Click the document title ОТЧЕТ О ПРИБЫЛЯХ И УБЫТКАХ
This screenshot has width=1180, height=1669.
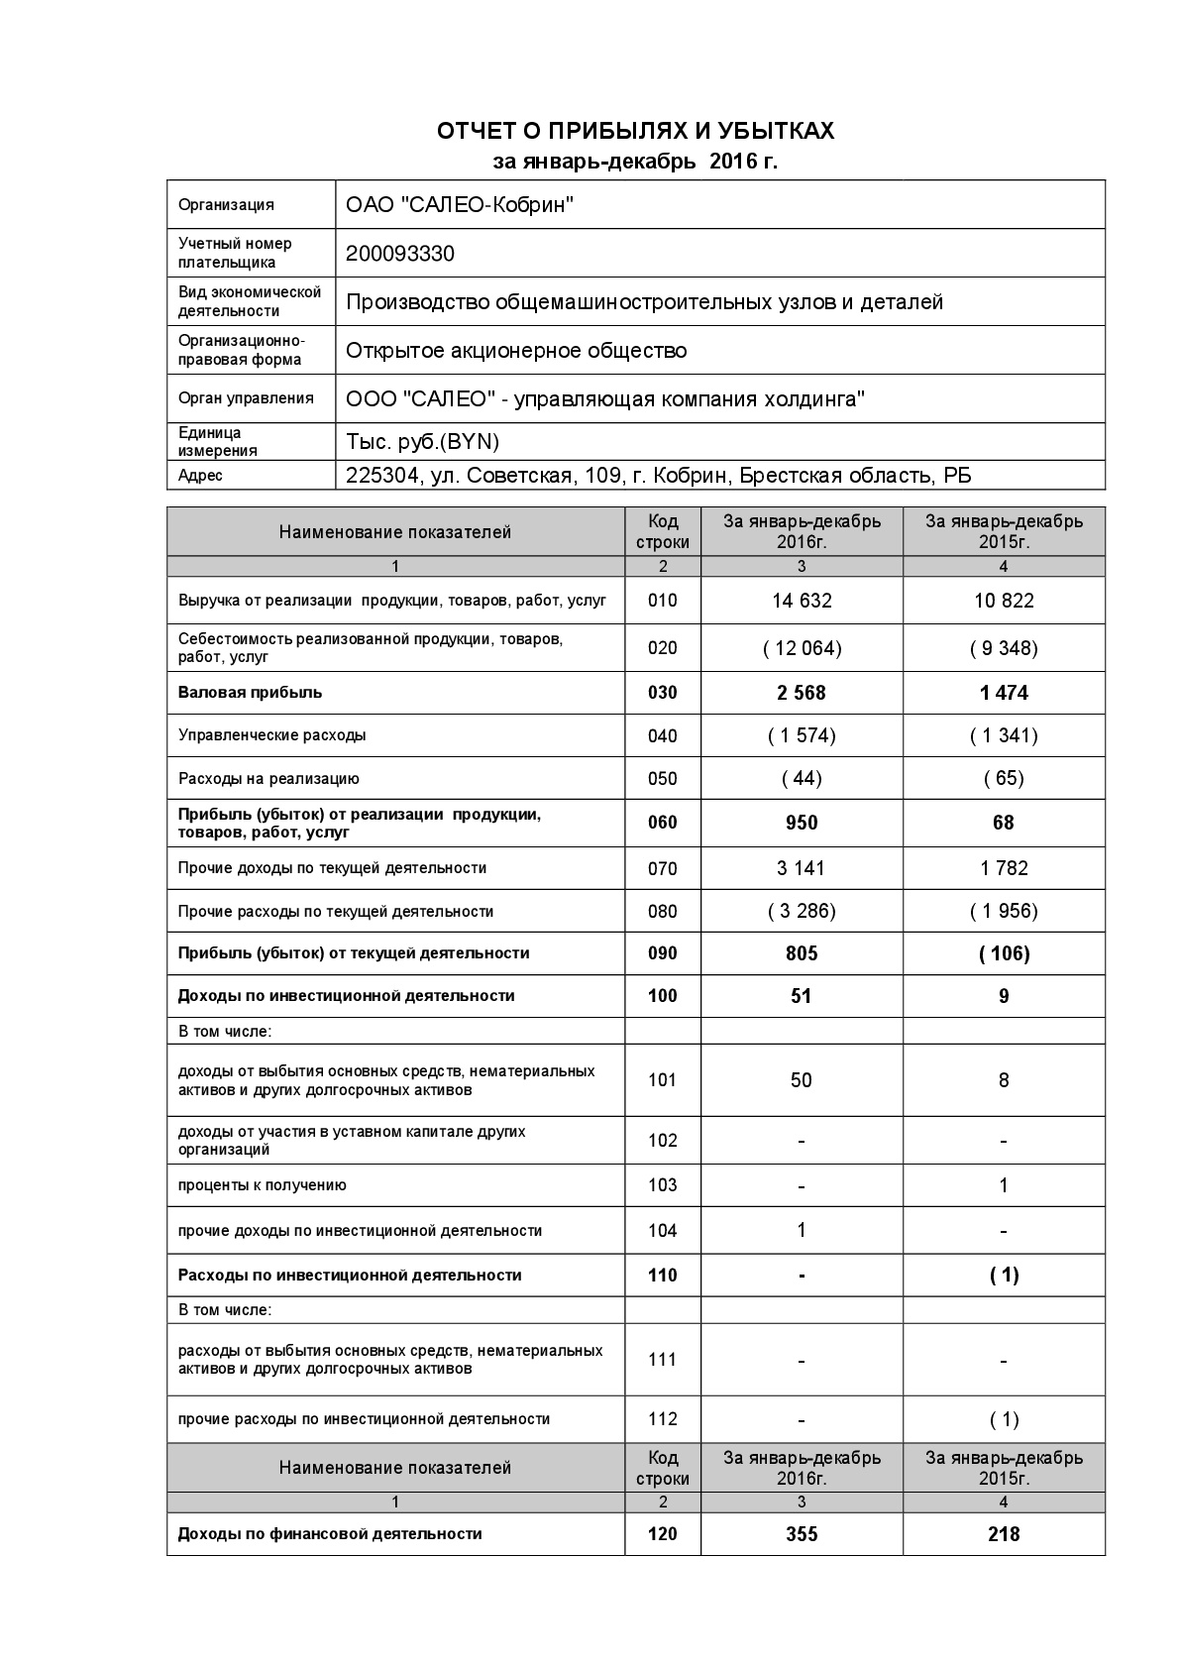[x=635, y=131]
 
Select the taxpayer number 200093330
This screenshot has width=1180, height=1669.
[x=400, y=254]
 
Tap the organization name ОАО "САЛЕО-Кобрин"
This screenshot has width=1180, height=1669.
[x=460, y=205]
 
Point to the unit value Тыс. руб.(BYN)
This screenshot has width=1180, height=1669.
[x=423, y=441]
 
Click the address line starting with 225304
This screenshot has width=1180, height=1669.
[x=658, y=476]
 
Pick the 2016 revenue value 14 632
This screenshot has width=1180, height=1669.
[x=802, y=601]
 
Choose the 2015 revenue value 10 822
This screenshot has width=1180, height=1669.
[x=1004, y=601]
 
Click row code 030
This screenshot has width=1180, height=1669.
[x=662, y=693]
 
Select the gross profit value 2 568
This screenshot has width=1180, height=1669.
[x=802, y=693]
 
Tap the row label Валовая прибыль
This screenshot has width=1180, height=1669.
[x=250, y=693]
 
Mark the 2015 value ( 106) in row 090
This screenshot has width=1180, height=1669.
[x=1004, y=953]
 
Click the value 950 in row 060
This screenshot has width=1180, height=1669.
[x=802, y=823]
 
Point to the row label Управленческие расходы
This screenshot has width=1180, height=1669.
[x=271, y=735]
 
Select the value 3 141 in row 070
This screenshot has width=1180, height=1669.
[x=802, y=868]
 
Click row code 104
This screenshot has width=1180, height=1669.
[x=662, y=1231]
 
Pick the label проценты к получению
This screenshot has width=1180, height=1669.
[x=262, y=1185]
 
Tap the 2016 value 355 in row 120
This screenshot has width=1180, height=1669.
[x=802, y=1534]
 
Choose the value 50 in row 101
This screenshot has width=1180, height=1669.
[x=802, y=1080]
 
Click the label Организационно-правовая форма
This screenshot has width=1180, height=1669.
[x=241, y=350]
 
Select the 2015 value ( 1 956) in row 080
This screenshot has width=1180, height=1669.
[x=1004, y=911]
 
